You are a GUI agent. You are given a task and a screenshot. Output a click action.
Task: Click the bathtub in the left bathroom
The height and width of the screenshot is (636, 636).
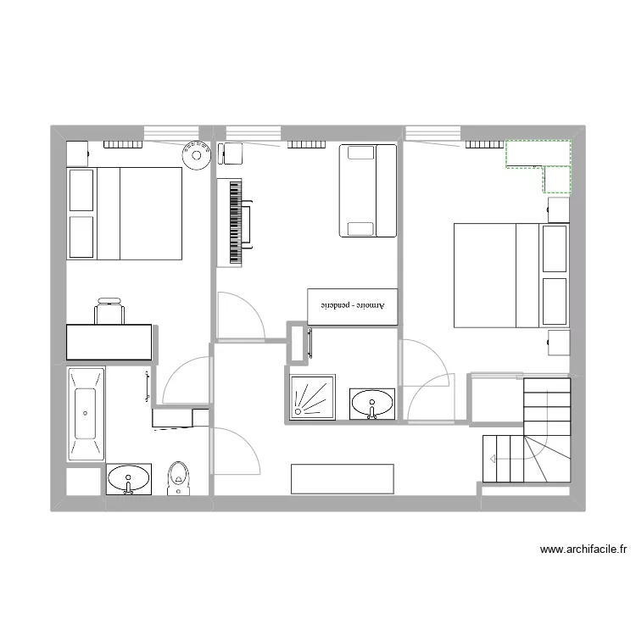[x=86, y=414]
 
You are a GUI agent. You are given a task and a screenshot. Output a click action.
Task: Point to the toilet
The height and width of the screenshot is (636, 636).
[x=178, y=478]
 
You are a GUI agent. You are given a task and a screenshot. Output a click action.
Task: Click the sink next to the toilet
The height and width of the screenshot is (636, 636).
[x=129, y=479]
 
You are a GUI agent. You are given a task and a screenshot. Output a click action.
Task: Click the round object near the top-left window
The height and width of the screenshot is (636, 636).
[x=196, y=155]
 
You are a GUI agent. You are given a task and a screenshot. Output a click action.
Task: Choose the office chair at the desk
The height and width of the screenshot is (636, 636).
[x=110, y=310]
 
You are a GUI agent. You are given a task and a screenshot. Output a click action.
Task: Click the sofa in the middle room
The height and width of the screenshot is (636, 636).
[x=368, y=191]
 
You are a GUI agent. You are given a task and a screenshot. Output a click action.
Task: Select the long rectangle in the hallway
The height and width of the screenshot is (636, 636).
[x=342, y=478]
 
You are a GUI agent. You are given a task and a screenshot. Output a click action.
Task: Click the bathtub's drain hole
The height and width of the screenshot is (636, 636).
[x=86, y=412]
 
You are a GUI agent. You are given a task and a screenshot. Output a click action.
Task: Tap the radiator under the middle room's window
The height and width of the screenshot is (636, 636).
[x=306, y=144]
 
